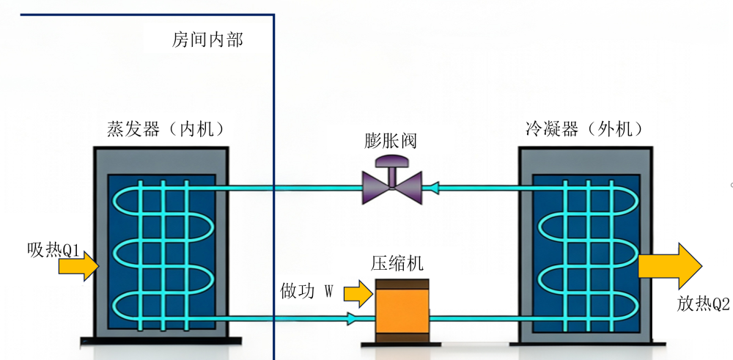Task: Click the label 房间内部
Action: tap(207, 40)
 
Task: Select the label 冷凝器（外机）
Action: tap(584, 129)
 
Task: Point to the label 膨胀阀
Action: tap(391, 141)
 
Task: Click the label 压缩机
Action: tap(397, 263)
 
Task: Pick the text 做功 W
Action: tap(306, 291)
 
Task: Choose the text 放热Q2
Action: tap(703, 304)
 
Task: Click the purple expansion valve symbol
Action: tap(392, 181)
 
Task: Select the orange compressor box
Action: tap(402, 312)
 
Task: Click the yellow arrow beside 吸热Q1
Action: tap(79, 266)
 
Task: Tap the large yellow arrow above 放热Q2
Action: tap(670, 266)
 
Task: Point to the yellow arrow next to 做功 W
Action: tap(358, 293)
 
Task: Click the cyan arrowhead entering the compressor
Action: tap(352, 320)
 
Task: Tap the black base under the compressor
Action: tap(402, 345)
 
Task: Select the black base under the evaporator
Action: tap(161, 341)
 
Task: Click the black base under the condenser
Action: tap(587, 344)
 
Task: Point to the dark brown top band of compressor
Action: tap(402, 284)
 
